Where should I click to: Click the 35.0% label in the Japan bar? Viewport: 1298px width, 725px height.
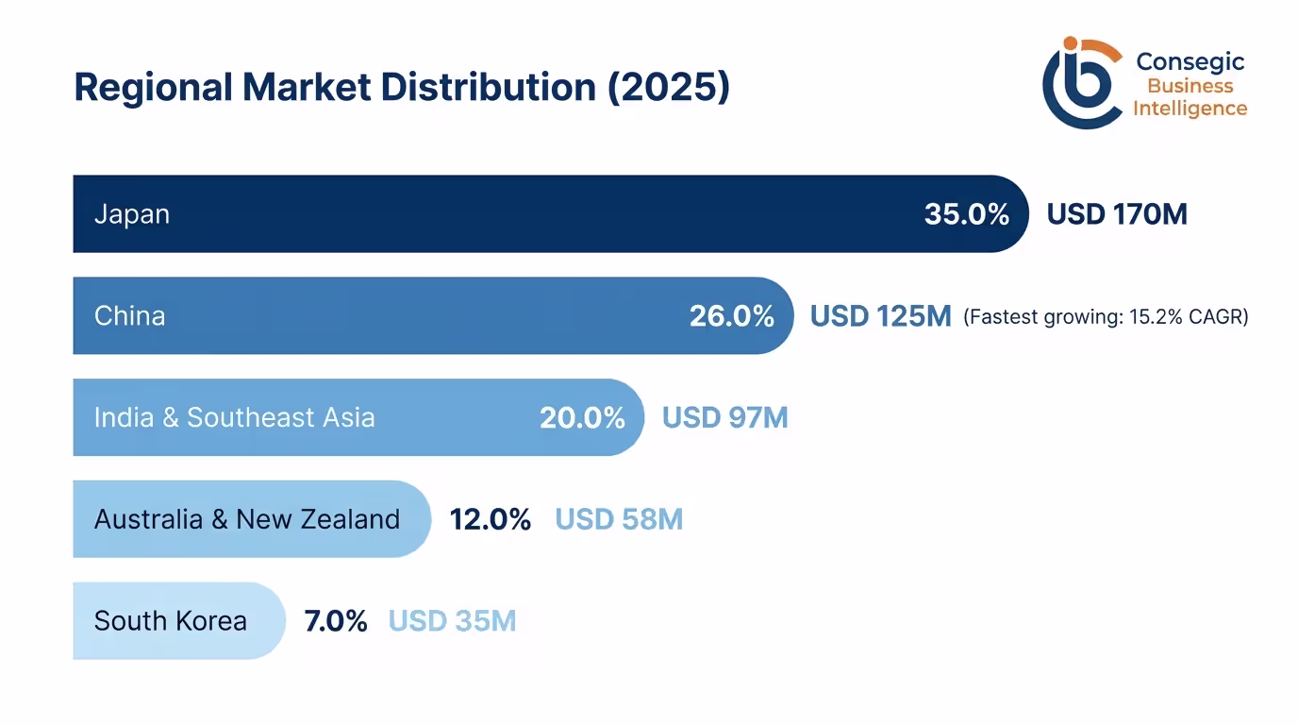point(966,214)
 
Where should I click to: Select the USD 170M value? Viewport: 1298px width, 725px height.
point(1117,214)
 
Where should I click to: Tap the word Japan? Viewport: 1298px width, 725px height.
point(132,214)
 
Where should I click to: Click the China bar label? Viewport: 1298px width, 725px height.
point(129,315)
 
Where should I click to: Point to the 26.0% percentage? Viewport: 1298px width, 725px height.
point(731,315)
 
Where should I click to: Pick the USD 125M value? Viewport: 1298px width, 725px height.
point(880,315)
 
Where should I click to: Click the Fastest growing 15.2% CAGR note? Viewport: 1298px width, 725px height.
point(1106,317)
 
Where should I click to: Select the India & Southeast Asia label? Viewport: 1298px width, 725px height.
point(234,417)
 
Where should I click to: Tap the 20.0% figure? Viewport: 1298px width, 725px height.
point(582,417)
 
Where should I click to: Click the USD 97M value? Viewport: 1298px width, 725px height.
point(724,417)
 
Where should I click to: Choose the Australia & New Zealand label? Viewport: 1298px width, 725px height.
point(247,519)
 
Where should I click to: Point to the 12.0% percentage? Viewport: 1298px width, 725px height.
point(490,519)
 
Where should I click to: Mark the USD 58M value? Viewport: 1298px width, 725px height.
point(619,519)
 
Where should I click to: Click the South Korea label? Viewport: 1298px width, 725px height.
point(171,621)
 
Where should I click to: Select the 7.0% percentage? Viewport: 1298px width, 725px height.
point(335,621)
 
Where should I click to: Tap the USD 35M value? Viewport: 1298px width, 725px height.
point(452,621)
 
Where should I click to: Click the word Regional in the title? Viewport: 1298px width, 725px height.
point(152,88)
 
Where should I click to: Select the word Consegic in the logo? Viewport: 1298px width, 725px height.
point(1190,62)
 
